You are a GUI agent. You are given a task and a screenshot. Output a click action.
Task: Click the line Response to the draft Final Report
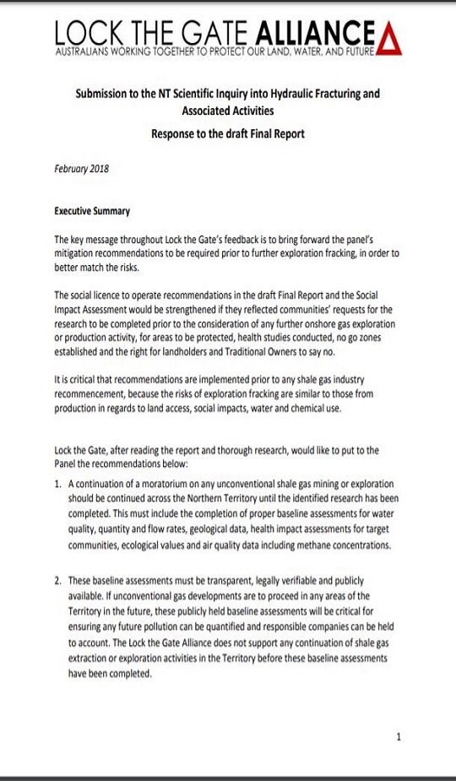pos(227,133)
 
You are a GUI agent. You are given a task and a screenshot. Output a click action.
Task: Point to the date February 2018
pos(81,168)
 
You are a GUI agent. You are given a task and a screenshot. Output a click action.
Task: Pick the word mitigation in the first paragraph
pos(78,252)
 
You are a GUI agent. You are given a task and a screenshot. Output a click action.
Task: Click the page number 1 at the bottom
pos(399,737)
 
